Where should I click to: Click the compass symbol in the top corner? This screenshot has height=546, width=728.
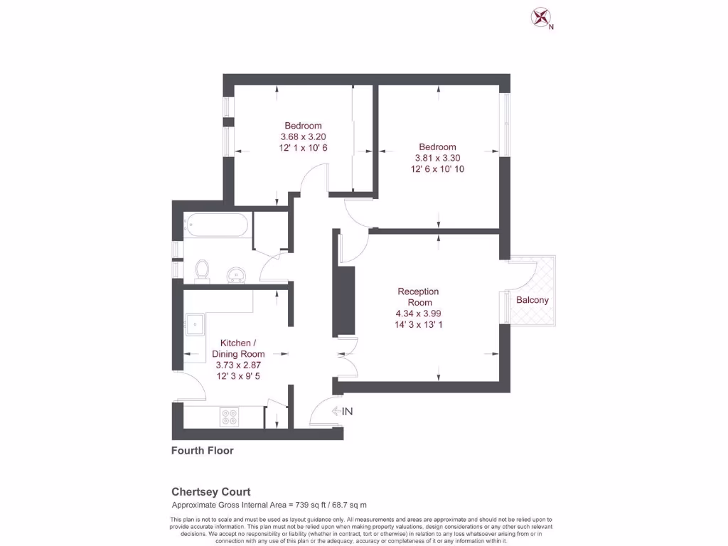pos(542,17)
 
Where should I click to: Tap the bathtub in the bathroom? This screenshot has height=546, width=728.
pos(216,225)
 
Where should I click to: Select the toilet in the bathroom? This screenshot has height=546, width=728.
pos(202,270)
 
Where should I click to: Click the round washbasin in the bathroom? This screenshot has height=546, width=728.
pos(235,274)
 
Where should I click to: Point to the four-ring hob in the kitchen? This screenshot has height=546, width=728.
pos(230,417)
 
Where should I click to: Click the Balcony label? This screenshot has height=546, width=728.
pos(532,300)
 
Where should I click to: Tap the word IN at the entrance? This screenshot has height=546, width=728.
pos(348,412)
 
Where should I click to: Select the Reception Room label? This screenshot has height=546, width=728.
pos(418,297)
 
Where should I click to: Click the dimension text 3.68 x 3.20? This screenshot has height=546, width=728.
pos(304,137)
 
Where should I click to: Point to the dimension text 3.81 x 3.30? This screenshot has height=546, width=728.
pos(436,159)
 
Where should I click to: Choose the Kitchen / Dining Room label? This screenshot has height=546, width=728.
pos(238,348)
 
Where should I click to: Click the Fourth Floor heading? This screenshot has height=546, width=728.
pos(203,451)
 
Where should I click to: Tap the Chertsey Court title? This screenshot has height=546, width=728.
pos(211,492)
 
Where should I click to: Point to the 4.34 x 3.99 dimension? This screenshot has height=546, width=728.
pos(418,314)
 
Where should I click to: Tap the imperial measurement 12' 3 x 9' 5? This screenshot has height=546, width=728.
pos(238,376)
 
